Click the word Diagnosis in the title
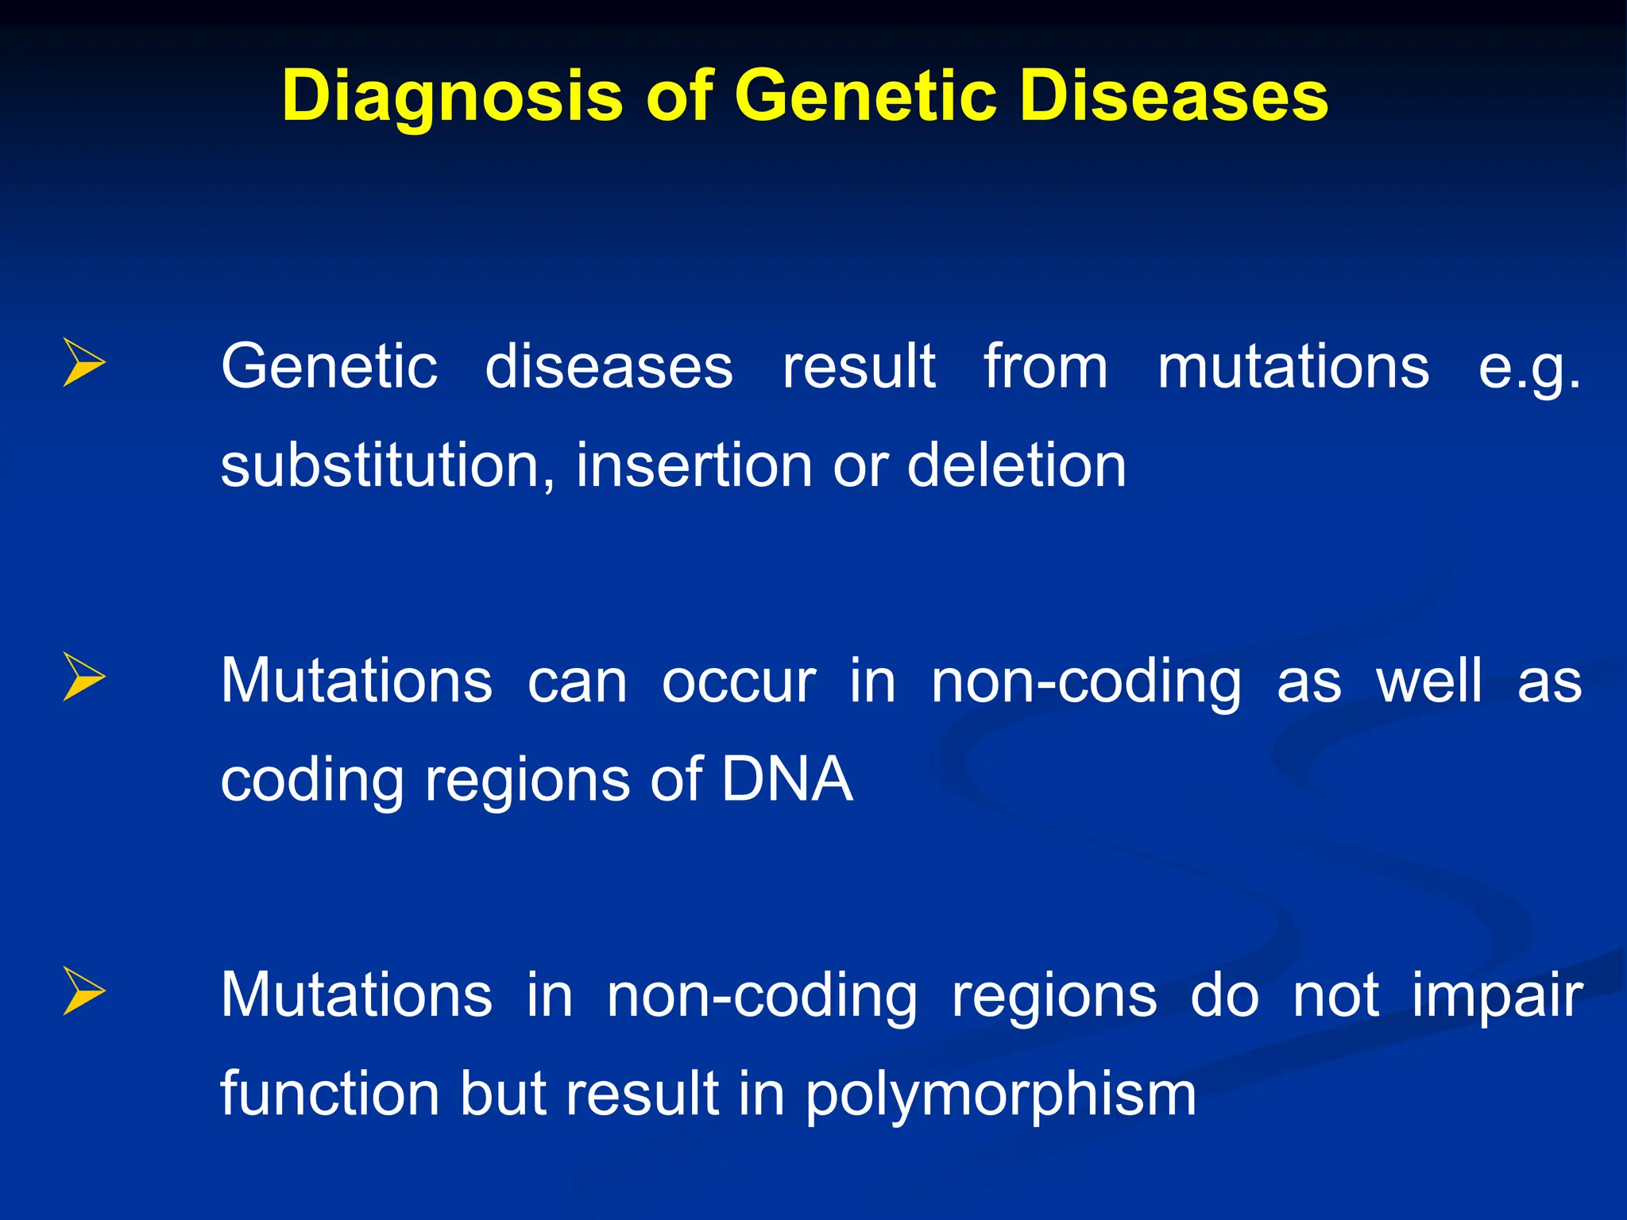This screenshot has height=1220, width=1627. (452, 97)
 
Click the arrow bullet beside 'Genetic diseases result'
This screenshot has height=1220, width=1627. (83, 363)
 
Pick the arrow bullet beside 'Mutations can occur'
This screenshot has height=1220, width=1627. (83, 678)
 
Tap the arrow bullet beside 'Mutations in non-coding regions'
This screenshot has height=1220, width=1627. (83, 991)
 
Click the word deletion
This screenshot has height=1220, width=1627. (1016, 465)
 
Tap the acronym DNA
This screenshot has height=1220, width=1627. (786, 779)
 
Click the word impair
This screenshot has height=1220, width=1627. (1497, 996)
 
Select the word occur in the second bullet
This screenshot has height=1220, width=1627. (738, 682)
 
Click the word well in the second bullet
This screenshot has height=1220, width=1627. (1428, 681)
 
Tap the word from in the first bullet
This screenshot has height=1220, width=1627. (1045, 367)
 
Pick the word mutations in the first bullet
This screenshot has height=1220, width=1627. (1293, 367)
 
